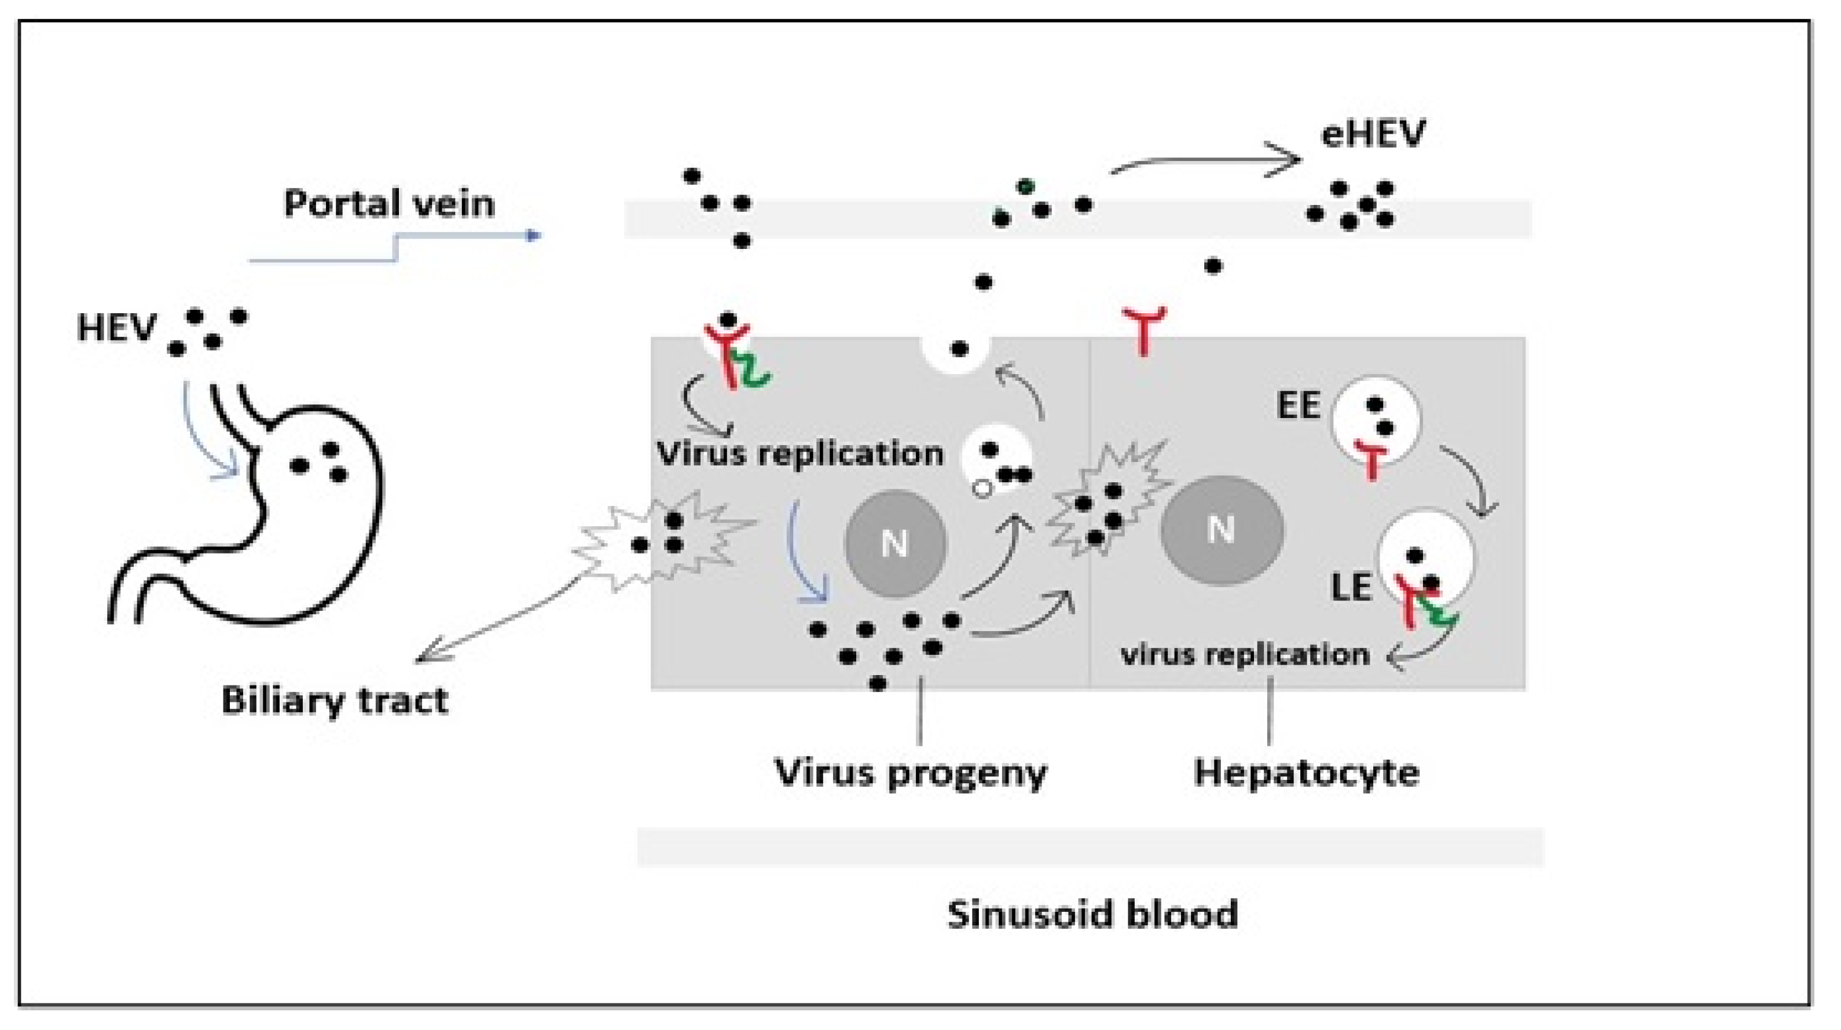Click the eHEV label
(1372, 134)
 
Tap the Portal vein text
(390, 204)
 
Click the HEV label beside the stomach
(116, 329)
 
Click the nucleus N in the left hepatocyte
(895, 543)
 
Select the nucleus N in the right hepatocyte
(1220, 530)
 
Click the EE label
(1298, 406)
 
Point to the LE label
(1351, 588)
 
